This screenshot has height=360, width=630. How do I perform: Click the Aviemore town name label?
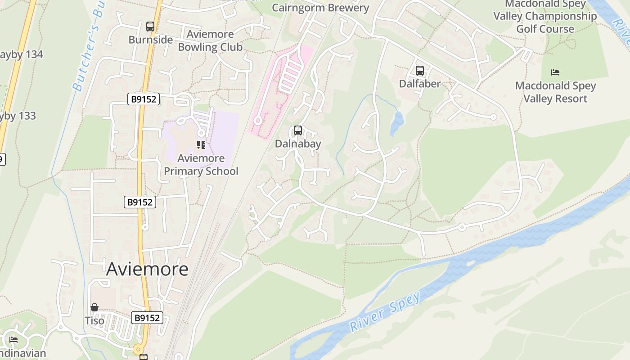click(147, 269)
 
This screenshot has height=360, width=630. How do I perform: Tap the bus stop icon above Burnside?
click(150, 27)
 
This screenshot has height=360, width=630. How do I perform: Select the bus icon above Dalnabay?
click(298, 130)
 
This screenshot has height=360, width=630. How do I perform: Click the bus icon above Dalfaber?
click(419, 71)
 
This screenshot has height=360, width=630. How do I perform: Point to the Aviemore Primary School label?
click(201, 165)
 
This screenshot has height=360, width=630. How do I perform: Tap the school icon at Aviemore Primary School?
click(201, 145)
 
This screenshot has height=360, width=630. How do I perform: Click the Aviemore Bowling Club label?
click(210, 40)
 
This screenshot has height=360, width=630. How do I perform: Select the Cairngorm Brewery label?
click(320, 8)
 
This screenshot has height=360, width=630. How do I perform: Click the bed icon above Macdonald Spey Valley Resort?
click(555, 72)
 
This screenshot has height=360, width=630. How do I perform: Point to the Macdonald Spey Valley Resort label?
click(555, 92)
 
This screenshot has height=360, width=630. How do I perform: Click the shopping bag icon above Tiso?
click(94, 307)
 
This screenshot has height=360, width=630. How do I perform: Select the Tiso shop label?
click(94, 321)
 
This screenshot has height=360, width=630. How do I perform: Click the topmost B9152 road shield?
click(144, 99)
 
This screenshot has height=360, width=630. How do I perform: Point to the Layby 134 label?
click(20, 54)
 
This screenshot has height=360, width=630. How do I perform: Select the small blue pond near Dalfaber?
click(396, 124)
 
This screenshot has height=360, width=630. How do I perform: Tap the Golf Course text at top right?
click(545, 29)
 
